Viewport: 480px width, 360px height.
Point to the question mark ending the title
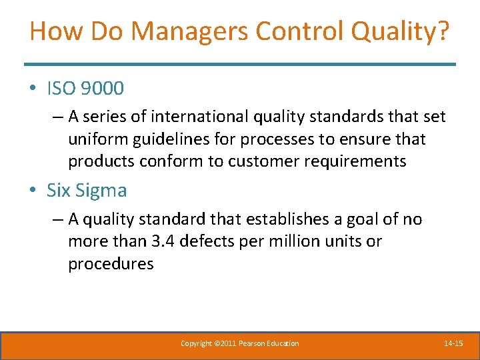click(443, 32)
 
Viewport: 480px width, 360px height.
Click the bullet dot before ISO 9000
click(33, 88)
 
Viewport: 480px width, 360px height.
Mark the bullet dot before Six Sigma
click(33, 191)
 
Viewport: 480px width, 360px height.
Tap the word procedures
click(111, 263)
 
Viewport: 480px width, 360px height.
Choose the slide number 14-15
click(453, 343)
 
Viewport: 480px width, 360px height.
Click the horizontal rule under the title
click(240, 64)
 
